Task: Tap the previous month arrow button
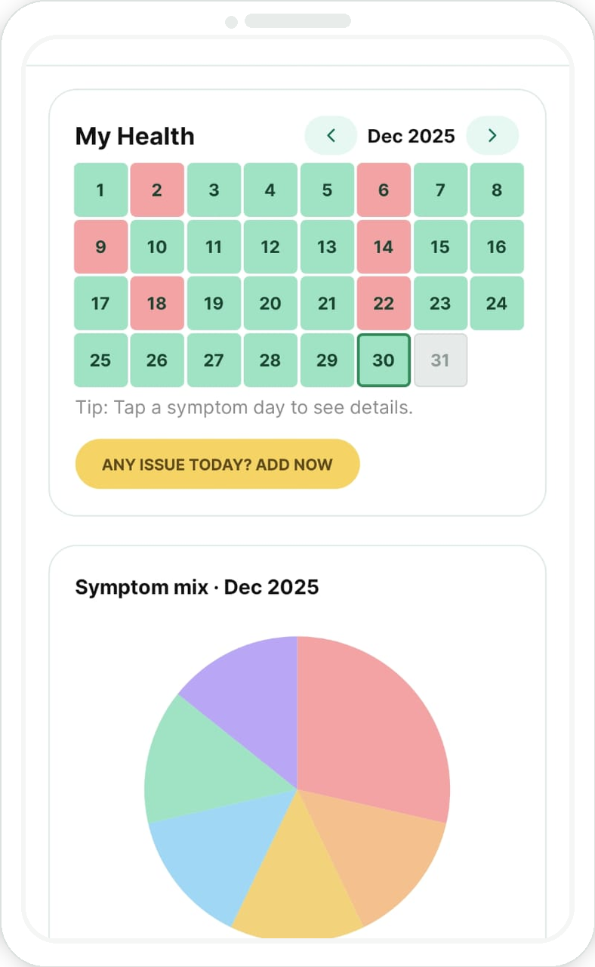[331, 136]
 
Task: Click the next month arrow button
[492, 136]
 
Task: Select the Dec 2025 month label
[411, 136]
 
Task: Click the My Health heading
[135, 137]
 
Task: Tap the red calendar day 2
[157, 190]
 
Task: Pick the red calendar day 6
[384, 190]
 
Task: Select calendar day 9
[100, 247]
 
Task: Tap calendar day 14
[384, 247]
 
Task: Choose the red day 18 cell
[157, 304]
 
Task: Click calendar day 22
[384, 304]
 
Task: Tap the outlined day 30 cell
[384, 360]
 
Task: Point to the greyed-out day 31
[440, 360]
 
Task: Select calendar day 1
[100, 190]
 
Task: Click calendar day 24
[497, 304]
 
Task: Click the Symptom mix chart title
[197, 587]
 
